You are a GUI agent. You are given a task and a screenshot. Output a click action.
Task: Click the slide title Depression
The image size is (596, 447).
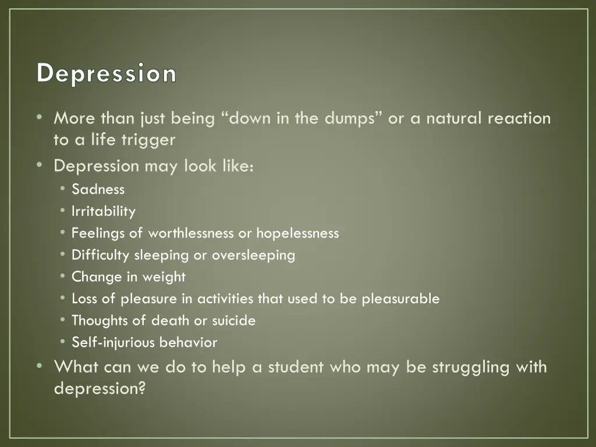tap(107, 74)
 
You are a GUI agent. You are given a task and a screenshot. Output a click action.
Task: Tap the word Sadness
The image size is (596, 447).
tap(98, 189)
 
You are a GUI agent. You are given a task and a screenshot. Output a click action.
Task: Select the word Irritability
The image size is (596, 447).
tap(103, 211)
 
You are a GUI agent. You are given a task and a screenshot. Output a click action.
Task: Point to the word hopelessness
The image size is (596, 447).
tap(297, 233)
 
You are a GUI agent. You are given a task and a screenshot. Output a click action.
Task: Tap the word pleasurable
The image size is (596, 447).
tap(400, 299)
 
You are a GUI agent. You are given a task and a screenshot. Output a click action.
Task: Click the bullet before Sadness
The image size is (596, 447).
tap(62, 189)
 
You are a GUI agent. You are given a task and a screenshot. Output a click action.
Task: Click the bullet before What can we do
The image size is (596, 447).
tap(39, 367)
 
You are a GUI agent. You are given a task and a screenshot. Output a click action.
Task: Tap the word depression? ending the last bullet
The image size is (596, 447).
tap(99, 388)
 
